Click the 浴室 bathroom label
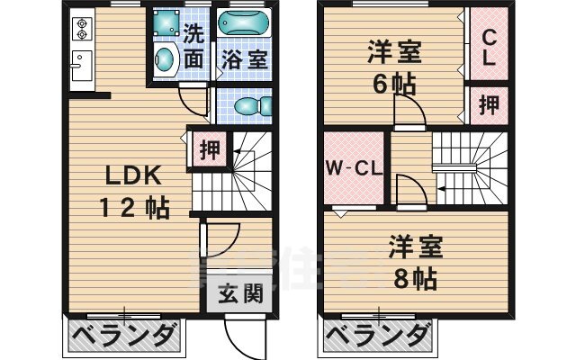pos(243,60)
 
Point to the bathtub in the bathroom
pos(244,27)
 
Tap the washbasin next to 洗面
pos(165,60)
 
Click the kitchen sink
pos(79,65)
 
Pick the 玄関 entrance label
pos(239,294)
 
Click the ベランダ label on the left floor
pos(124,338)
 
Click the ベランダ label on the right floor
pos(375,338)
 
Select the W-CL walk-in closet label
pos(354,168)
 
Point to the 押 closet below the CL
pos(489,104)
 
